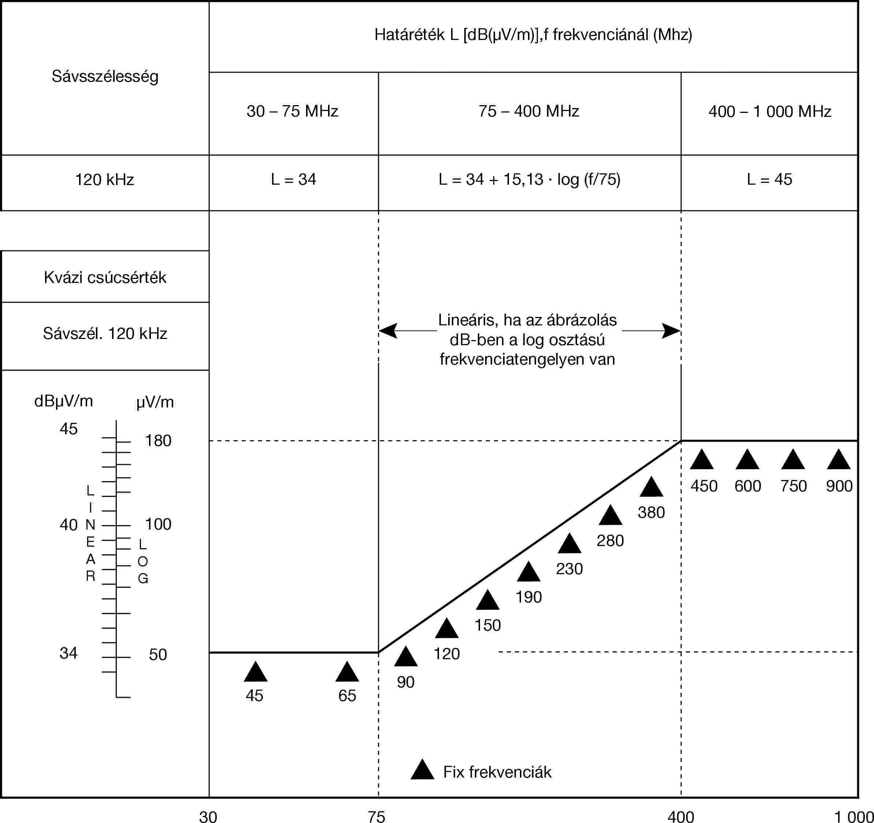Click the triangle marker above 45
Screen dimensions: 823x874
[256, 672]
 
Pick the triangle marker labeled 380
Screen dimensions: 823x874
[651, 488]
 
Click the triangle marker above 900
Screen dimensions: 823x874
[839, 460]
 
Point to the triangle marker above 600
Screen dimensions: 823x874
[747, 460]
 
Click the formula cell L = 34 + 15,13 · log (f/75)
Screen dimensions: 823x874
[529, 180]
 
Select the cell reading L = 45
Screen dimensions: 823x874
[769, 180]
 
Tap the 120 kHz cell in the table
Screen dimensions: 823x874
[105, 180]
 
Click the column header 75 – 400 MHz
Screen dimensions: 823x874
[529, 111]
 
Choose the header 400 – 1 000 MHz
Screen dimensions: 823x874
[770, 111]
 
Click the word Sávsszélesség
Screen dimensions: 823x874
[105, 77]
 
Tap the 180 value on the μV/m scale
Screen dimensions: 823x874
[158, 441]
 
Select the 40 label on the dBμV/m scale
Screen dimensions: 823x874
[68, 525]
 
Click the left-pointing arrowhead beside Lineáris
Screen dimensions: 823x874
[388, 331]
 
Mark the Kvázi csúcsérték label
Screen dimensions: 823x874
[105, 277]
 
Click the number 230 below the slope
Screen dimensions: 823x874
[569, 569]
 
